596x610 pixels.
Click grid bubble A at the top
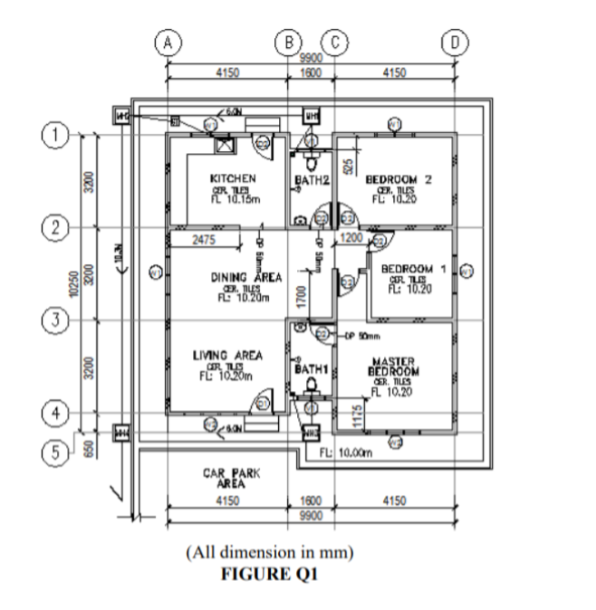point(168,42)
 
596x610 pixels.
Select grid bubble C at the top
point(335,42)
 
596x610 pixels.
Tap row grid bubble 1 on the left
point(57,136)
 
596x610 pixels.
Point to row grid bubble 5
point(57,449)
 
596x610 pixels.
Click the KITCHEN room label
point(233,178)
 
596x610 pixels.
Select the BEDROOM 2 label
point(398,179)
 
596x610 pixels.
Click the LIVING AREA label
point(228,356)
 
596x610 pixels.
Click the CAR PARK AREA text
point(226,477)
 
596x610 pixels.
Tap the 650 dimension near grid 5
point(88,448)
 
